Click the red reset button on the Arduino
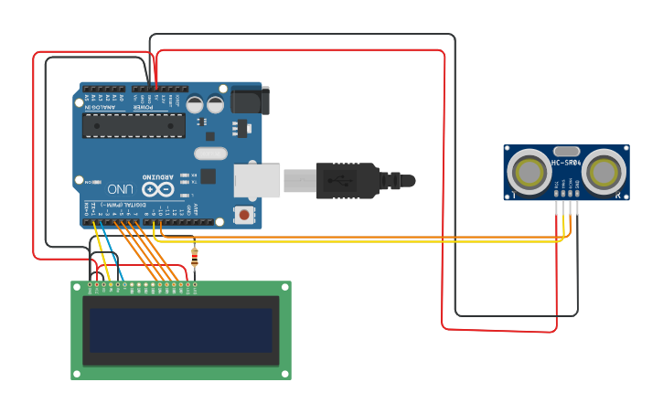pos(243,215)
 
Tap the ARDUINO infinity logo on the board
pos(156,188)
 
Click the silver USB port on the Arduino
pos(257,180)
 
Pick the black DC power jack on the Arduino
pos(250,101)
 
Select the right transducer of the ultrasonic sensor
pos(604,171)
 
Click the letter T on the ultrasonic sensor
pos(513,196)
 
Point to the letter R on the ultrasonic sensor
pos(619,196)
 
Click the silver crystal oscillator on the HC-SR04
pos(566,151)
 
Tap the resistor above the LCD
pos(194,257)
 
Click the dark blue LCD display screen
pos(180,330)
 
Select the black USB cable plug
pos(348,180)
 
